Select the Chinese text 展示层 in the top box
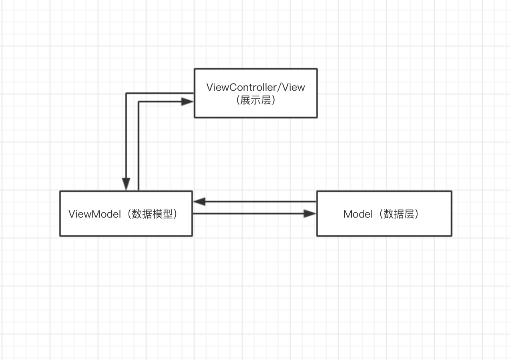click(256, 100)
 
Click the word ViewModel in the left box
click(94, 214)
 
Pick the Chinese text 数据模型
click(154, 214)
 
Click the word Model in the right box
click(358, 214)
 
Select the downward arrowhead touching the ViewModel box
click(126, 184)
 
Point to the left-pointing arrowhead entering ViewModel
click(199, 202)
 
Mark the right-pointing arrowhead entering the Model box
click(310, 214)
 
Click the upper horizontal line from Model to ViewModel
click(260, 202)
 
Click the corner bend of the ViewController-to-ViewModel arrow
click(126, 94)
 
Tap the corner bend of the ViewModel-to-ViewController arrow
click(138, 102)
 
